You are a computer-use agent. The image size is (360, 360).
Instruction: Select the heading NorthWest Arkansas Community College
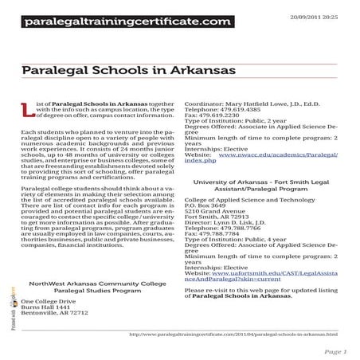(96, 284)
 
